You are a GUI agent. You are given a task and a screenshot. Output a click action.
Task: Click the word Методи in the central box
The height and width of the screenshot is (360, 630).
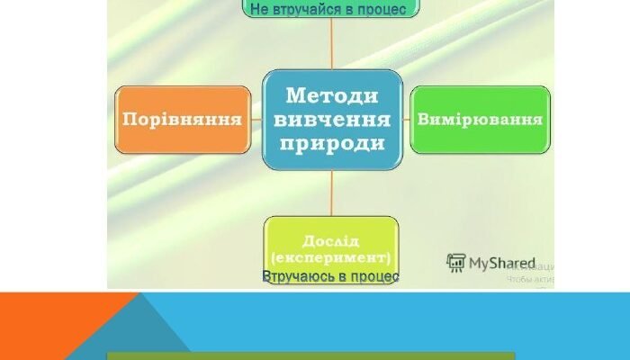(x=331, y=94)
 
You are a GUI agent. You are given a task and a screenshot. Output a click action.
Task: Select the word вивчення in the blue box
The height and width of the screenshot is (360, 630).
(x=331, y=119)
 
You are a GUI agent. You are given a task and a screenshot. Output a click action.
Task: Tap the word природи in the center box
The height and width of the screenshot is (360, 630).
(x=331, y=143)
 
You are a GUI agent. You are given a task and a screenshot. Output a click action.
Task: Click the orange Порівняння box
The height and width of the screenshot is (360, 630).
(x=182, y=119)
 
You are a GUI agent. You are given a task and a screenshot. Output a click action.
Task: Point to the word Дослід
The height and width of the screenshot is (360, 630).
(x=330, y=241)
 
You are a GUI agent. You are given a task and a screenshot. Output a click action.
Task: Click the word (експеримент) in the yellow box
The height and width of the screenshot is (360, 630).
(x=330, y=257)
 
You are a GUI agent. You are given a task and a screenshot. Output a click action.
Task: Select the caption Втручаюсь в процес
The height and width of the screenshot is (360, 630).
(x=330, y=276)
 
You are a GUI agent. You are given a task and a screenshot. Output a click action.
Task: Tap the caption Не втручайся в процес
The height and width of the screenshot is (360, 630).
(x=321, y=9)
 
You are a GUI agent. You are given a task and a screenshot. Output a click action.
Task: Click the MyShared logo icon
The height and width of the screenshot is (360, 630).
(x=456, y=263)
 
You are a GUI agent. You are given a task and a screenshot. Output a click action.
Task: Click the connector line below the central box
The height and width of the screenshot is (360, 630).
(x=331, y=193)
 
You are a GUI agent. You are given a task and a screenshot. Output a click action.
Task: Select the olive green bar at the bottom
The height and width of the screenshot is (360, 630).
(x=310, y=355)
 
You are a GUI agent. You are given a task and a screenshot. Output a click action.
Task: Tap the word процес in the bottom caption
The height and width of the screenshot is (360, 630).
(x=376, y=276)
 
